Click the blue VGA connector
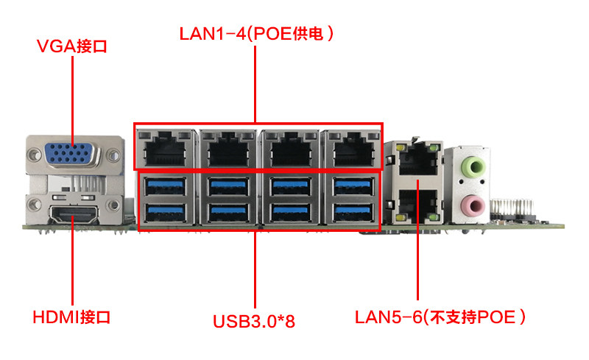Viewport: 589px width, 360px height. tap(72, 154)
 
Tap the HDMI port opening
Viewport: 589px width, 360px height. tap(74, 214)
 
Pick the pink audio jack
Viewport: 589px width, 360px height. tap(474, 205)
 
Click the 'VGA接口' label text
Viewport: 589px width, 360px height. tap(71, 46)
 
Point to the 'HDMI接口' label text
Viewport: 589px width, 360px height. tap(71, 317)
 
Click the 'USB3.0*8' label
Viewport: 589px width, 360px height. tap(254, 321)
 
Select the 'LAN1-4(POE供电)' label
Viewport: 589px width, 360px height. tap(256, 33)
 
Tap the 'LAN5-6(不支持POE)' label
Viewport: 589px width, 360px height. tap(440, 317)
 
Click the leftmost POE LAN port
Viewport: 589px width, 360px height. tap(165, 149)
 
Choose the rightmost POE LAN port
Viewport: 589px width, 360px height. tap(353, 149)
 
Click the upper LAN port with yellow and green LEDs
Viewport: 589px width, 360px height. tap(417, 160)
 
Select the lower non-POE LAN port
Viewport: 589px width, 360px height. tap(417, 205)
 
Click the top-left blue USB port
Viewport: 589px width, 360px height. tap(165, 186)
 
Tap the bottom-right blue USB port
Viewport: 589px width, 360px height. tap(353, 212)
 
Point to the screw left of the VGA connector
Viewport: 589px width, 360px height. tap(34, 154)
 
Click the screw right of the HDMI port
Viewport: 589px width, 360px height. tap(113, 205)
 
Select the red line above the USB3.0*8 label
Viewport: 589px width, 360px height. tap(255, 269)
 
